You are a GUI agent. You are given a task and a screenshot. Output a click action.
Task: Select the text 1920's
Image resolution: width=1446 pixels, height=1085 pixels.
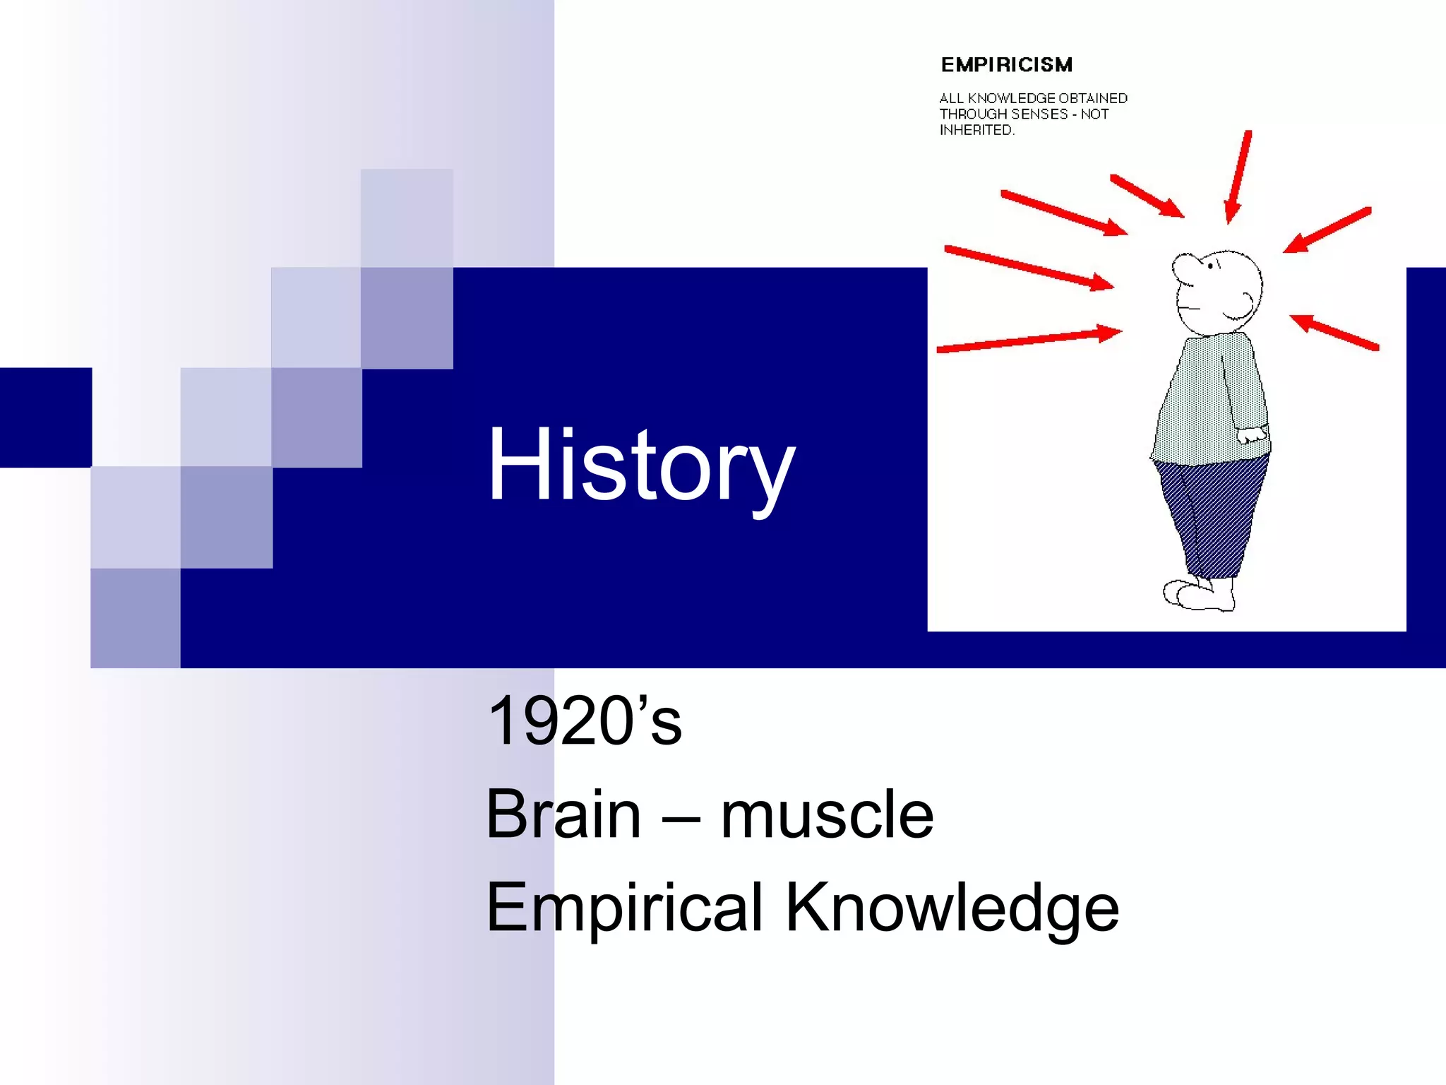(585, 721)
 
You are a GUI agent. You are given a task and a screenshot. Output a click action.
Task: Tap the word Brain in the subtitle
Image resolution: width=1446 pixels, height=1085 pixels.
(563, 814)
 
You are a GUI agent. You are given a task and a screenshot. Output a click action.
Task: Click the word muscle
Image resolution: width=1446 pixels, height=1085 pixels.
(827, 814)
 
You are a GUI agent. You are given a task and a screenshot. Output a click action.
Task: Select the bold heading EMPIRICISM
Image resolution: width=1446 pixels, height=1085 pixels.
(1006, 65)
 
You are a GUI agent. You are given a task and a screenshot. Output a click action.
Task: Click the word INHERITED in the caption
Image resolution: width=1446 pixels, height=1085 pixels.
(976, 130)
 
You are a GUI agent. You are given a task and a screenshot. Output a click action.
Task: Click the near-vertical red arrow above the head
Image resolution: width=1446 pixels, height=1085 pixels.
(1238, 177)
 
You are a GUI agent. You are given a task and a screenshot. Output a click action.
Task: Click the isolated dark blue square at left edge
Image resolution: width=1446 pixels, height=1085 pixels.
(46, 417)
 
